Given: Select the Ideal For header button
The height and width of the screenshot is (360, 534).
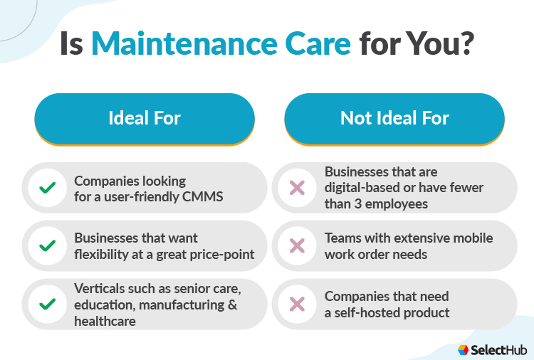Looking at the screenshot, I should coord(145,118).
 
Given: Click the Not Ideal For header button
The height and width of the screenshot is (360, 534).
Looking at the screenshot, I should coord(394,118).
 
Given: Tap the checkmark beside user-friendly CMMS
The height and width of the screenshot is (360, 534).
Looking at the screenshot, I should coord(48,188).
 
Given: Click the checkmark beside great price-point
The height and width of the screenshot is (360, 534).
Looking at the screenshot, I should coord(48,245).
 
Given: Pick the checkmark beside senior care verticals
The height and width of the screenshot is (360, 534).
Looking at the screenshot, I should coord(48,304).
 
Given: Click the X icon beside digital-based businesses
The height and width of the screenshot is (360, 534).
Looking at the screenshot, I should coord(297,188).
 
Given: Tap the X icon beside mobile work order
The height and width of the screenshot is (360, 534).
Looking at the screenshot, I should coord(297,245).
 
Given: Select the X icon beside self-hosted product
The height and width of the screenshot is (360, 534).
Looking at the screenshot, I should coord(297,304).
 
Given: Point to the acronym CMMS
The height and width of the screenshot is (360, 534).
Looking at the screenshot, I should coord(204,196).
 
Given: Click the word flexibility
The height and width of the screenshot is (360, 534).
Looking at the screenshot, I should coord(100,253).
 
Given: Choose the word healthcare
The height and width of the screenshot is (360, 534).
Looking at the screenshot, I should coord(105,321).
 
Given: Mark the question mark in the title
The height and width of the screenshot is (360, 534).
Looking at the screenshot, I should coord(464,44).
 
